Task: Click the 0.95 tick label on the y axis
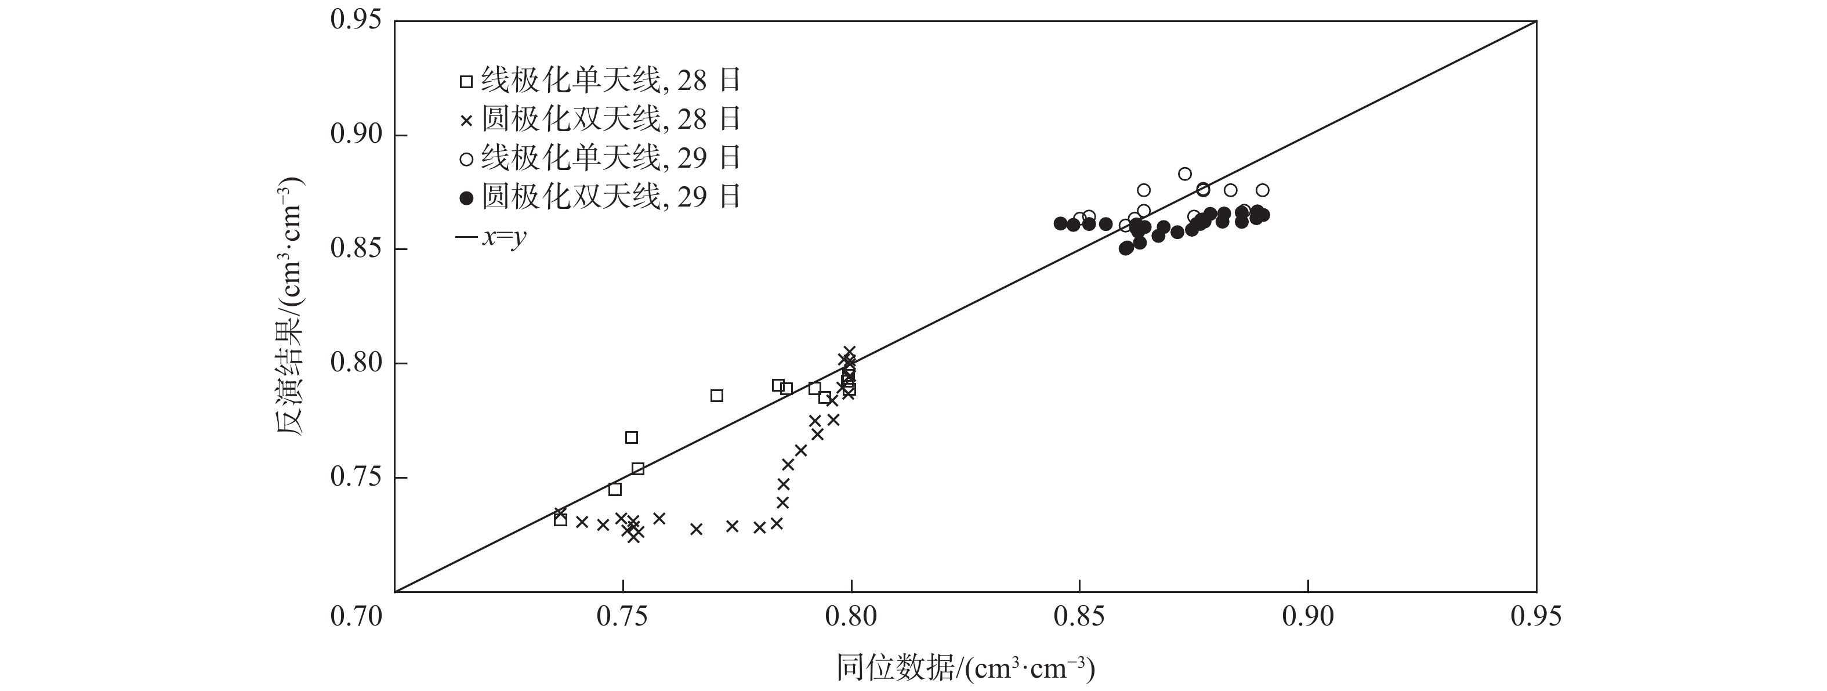click(356, 20)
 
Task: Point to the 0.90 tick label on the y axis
click(356, 134)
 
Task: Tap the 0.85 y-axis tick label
click(356, 249)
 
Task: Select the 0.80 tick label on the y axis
click(356, 363)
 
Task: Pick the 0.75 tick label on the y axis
click(356, 477)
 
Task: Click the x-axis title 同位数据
click(965, 668)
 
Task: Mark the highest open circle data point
click(1185, 174)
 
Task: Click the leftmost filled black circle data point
click(1060, 223)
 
